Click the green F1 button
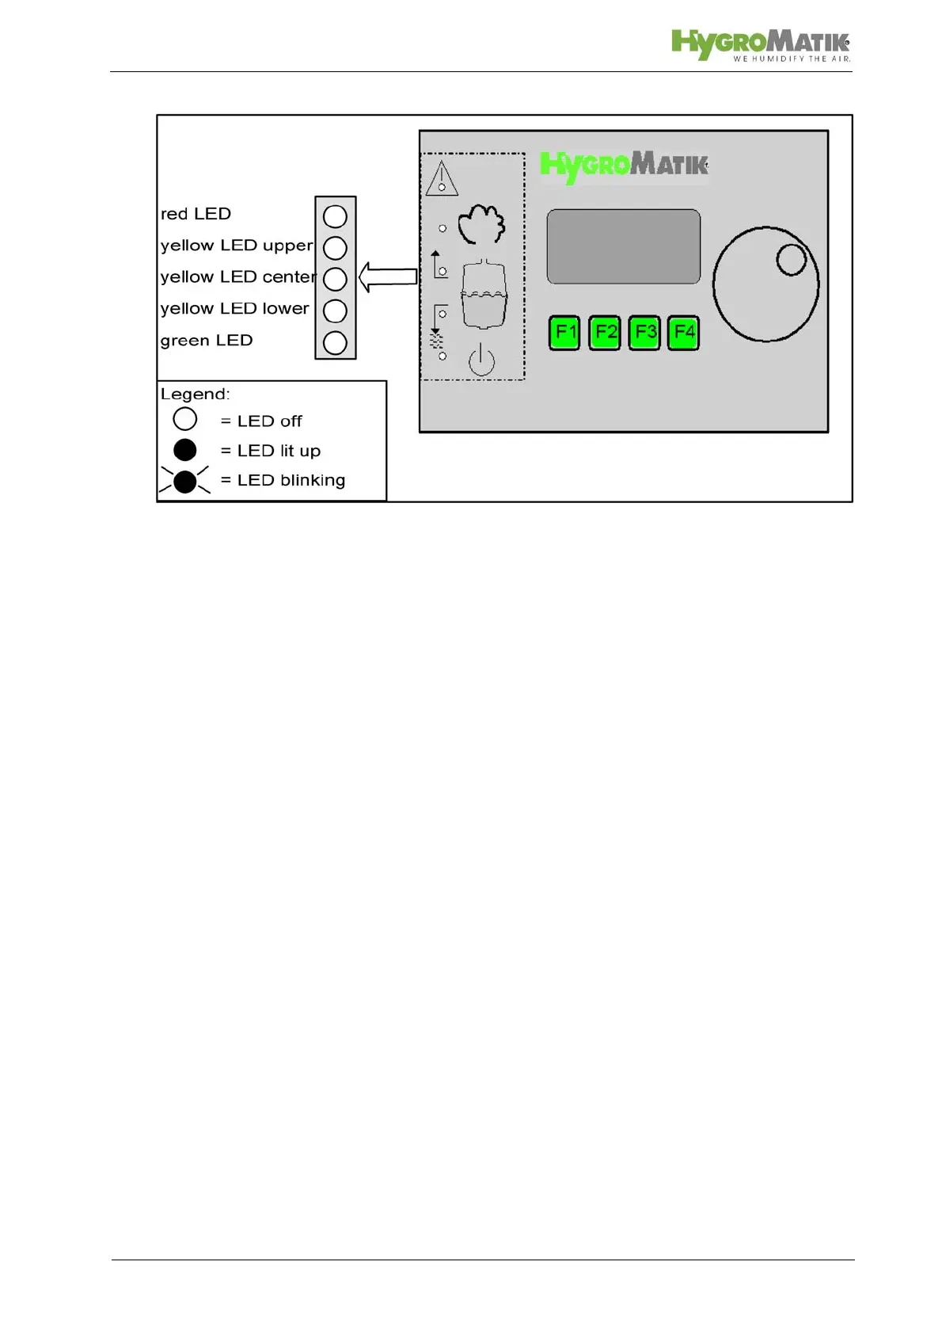click(x=564, y=332)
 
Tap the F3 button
click(x=644, y=332)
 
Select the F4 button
click(x=683, y=332)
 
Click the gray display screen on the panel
click(x=624, y=246)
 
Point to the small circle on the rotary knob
click(x=791, y=259)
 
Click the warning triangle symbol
click(x=442, y=178)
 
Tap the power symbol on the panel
click(x=481, y=360)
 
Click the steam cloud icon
click(x=481, y=223)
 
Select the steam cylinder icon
click(x=484, y=294)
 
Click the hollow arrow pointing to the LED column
click(x=388, y=277)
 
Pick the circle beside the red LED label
click(x=336, y=216)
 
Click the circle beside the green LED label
click(x=336, y=342)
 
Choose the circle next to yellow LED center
click(x=336, y=279)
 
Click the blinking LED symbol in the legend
click(x=185, y=481)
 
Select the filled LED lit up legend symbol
click(x=185, y=450)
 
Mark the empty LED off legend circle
click(x=185, y=419)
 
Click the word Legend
click(x=195, y=394)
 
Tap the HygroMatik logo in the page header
click(x=760, y=45)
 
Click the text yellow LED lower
click(x=234, y=309)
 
